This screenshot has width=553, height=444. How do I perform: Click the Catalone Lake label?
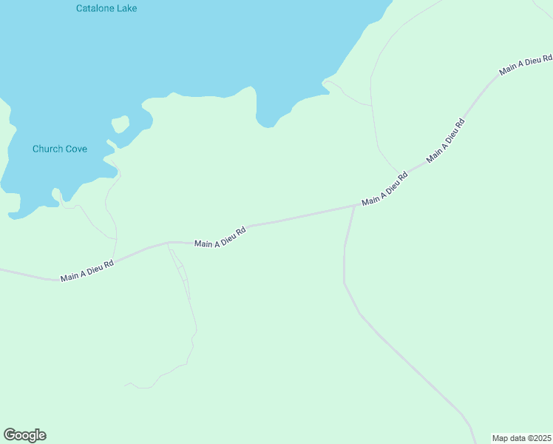[x=106, y=8]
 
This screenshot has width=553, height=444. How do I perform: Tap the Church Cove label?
[x=60, y=149]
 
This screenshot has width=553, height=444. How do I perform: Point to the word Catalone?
[x=96, y=8]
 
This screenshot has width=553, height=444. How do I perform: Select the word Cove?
[x=76, y=149]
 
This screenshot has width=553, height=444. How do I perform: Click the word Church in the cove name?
[x=47, y=149]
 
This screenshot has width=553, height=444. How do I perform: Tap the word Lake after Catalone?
[x=127, y=8]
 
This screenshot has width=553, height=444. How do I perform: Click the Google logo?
[x=24, y=435]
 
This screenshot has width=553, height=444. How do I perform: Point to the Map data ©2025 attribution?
[x=520, y=438]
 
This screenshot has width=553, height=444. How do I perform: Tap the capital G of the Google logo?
[x=10, y=435]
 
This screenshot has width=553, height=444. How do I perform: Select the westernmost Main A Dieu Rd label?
[x=87, y=270]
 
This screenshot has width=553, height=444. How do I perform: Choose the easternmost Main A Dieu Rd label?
[x=526, y=64]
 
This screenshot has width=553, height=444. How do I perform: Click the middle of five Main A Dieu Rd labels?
[x=384, y=190]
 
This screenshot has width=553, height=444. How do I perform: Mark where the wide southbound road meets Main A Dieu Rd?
[x=354, y=207]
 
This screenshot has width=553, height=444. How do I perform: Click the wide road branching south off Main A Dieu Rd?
[x=345, y=259]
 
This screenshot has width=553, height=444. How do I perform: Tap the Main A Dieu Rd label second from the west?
[x=220, y=237]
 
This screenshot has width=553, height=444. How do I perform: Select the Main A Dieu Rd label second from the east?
[x=445, y=141]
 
